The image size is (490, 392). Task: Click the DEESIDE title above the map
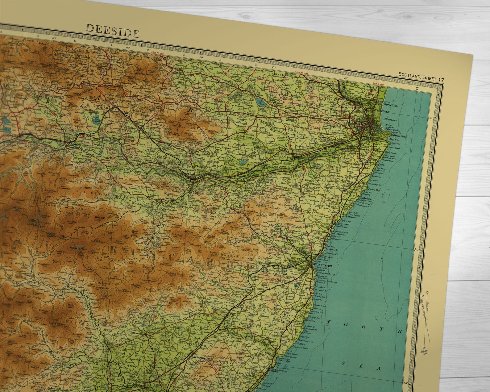[x=113, y=31]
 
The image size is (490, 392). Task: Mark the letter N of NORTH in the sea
[x=329, y=323]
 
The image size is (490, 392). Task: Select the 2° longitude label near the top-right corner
[x=418, y=88]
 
